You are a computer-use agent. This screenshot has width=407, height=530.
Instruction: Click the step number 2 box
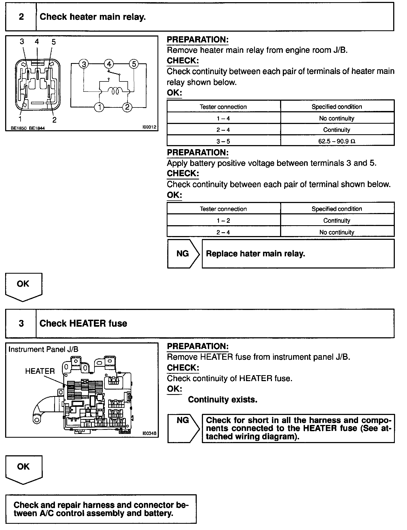pos(21,17)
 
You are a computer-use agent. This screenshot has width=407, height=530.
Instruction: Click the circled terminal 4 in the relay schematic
pos(109,64)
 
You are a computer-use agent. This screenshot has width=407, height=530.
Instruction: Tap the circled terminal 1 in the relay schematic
pos(100,107)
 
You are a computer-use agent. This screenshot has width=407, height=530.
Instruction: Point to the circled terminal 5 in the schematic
pos(134,64)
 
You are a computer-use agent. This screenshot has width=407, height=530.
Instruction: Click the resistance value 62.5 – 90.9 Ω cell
pos(337,141)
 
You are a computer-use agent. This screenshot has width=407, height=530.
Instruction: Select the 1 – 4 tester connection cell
pos(223,118)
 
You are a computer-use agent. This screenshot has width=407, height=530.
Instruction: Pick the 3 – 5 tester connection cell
pos(223,141)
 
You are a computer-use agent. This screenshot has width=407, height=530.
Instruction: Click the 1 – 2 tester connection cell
pos(223,221)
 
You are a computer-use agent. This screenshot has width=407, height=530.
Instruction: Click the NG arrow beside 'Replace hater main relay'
pos(183,254)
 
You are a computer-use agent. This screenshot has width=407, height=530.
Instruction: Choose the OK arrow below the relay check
pos(23,286)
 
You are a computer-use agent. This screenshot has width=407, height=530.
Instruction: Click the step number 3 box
pos(21,323)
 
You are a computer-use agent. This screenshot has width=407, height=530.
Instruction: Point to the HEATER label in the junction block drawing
pos(40,371)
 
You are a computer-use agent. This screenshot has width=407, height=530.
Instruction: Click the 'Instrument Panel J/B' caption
pos(43,349)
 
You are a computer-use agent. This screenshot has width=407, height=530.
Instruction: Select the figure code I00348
pos(149,433)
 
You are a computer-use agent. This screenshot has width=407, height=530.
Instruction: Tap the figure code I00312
pos(150,127)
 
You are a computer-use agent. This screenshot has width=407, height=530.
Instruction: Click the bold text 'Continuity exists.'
pos(222,400)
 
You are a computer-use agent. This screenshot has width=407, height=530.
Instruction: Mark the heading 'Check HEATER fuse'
pos(83,323)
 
